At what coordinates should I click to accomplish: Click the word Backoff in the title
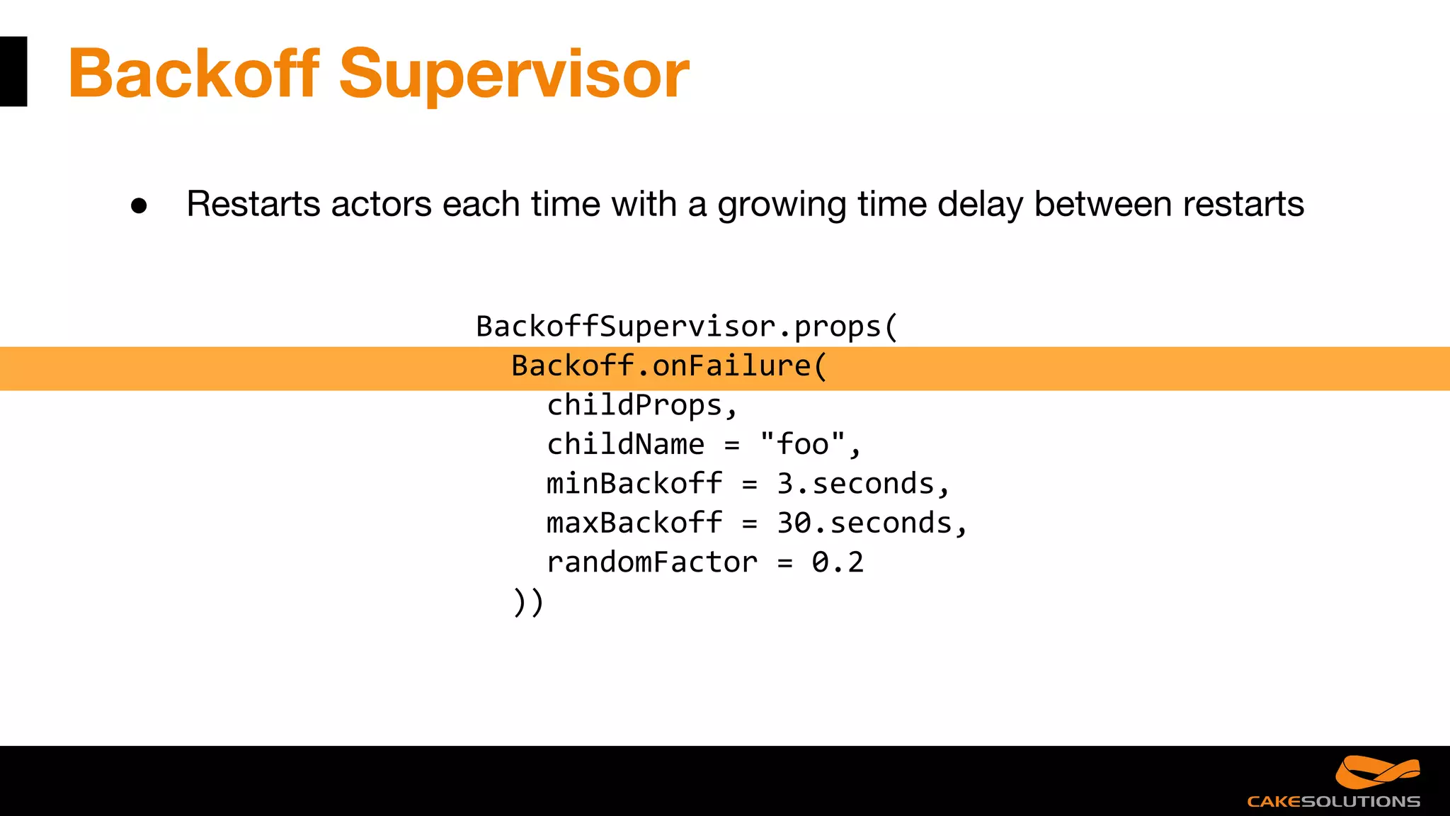[x=193, y=73]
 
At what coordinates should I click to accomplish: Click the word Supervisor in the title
[x=514, y=73]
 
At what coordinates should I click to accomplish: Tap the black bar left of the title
[x=13, y=72]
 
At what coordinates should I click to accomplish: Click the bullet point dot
[x=139, y=206]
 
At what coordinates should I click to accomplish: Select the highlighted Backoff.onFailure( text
[x=668, y=366]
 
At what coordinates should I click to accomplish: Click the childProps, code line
[x=641, y=406]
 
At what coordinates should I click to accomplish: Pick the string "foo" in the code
[x=802, y=445]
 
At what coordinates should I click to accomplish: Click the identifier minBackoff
[x=634, y=484]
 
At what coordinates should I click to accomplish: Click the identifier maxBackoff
[x=634, y=523]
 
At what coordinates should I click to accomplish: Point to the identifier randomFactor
[x=651, y=562]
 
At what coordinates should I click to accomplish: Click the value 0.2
[x=838, y=562]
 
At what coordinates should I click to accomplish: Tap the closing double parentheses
[x=528, y=602]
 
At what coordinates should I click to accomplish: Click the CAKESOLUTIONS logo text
[x=1333, y=802]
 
